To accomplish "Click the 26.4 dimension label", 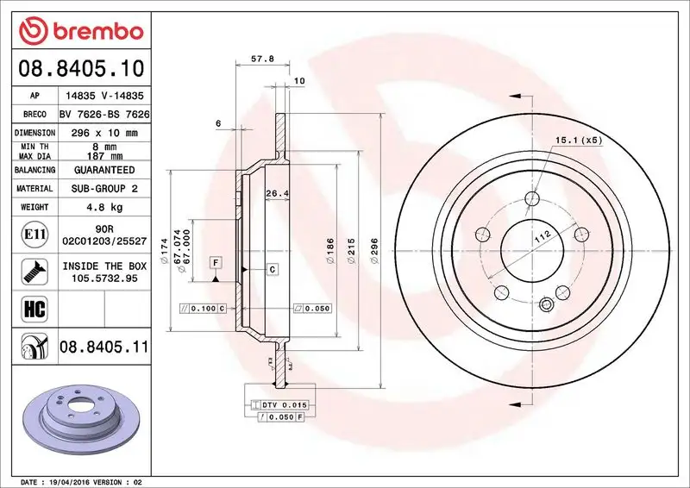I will [x=277, y=193].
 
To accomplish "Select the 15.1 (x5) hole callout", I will [x=577, y=140].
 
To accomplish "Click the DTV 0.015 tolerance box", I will [x=284, y=404].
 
